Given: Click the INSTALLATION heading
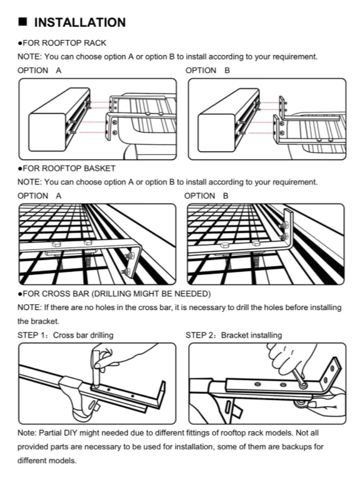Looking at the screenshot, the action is click(80, 22).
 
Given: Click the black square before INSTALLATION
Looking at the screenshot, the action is click(22, 22).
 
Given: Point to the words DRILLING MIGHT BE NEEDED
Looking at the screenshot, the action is click(151, 294).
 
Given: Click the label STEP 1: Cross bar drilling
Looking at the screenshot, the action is click(65, 335).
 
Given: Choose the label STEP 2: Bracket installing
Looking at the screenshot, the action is click(234, 335).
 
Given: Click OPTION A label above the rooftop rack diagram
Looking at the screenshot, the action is click(39, 71).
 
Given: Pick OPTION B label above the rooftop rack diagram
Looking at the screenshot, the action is click(207, 71).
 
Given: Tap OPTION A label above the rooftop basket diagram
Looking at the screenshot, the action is click(39, 196).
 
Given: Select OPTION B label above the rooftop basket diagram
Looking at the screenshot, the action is click(206, 196).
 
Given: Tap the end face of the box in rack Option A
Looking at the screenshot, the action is click(47, 132).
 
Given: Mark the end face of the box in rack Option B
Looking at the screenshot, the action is click(217, 133).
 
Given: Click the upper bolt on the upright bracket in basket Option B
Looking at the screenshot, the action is click(284, 225).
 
